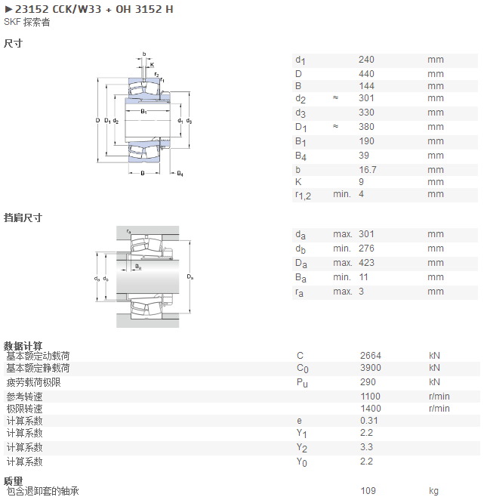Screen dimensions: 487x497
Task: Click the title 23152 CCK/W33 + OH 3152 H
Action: (x=94, y=9)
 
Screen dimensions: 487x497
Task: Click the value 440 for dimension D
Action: (x=366, y=74)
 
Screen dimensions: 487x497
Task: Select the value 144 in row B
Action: (x=366, y=86)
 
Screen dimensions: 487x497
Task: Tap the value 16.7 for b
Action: (x=368, y=170)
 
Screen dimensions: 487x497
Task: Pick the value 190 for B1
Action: (x=366, y=141)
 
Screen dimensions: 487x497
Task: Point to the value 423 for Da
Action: (x=366, y=263)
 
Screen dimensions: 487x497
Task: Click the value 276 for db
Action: (x=366, y=248)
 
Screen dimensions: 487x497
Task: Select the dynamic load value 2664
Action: (x=371, y=356)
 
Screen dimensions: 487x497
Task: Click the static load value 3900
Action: (x=371, y=368)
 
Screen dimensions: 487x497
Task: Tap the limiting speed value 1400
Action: (x=371, y=409)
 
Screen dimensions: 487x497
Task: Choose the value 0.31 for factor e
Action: (x=368, y=421)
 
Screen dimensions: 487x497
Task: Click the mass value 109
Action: (x=368, y=491)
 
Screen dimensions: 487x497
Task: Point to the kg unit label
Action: (x=433, y=491)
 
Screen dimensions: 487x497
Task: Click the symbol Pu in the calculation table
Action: (x=302, y=383)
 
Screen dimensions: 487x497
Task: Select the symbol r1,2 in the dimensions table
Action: (x=303, y=195)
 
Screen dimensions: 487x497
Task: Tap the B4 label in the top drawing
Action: (x=180, y=174)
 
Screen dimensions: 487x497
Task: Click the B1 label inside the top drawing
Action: (x=144, y=111)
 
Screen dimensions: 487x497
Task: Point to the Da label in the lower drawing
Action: (x=190, y=277)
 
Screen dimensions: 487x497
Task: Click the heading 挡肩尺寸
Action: (x=23, y=218)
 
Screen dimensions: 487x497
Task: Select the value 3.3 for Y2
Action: (x=366, y=447)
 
